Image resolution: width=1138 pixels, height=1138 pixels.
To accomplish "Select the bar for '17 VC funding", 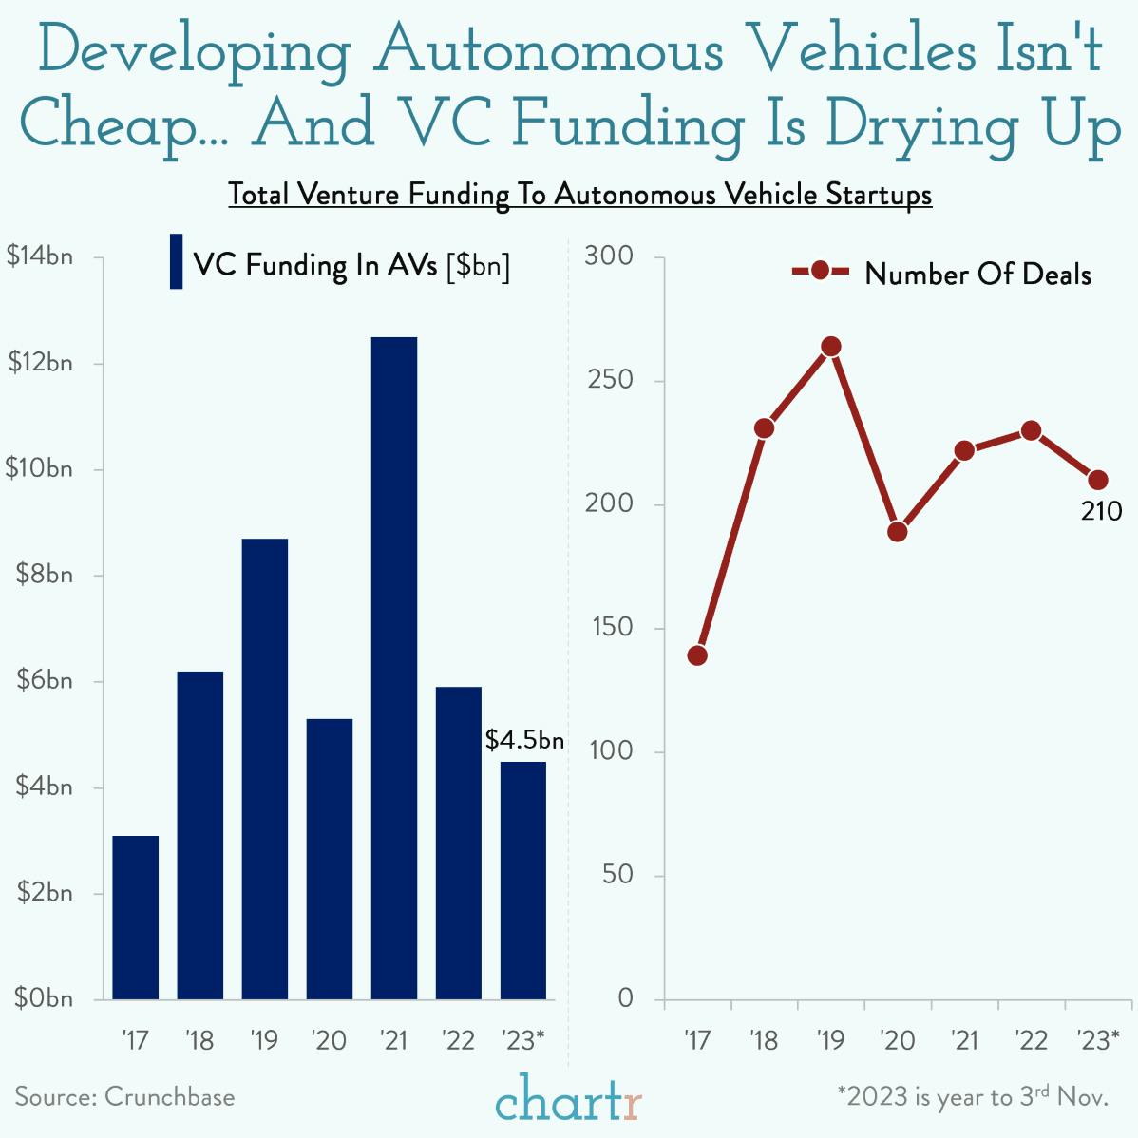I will [135, 917].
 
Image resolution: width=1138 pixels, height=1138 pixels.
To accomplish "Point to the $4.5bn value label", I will [524, 740].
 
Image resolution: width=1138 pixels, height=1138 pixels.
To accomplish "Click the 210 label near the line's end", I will [1101, 511].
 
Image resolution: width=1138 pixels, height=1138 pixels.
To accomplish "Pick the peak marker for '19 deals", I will [831, 347].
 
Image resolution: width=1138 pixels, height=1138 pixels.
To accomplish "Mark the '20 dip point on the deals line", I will [898, 531].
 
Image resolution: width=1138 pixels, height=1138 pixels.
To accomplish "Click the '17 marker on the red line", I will [697, 655].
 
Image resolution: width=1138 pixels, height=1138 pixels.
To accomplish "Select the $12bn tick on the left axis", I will [39, 363].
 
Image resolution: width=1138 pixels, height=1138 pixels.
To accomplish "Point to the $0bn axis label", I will [43, 998].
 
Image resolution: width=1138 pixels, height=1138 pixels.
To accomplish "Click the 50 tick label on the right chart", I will [616, 875].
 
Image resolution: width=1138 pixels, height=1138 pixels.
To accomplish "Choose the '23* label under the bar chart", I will [523, 1040].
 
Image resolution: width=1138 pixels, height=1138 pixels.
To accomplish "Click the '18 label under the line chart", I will [764, 1040].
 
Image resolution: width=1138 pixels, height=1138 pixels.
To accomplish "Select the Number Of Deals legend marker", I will [821, 272].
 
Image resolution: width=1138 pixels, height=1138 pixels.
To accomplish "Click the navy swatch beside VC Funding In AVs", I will [176, 261].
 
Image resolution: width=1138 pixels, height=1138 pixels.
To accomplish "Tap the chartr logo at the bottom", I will [568, 1101].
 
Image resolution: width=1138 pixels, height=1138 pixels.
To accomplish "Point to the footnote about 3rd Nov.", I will [973, 1096].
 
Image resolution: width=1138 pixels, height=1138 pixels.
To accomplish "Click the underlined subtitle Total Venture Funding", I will [579, 195].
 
